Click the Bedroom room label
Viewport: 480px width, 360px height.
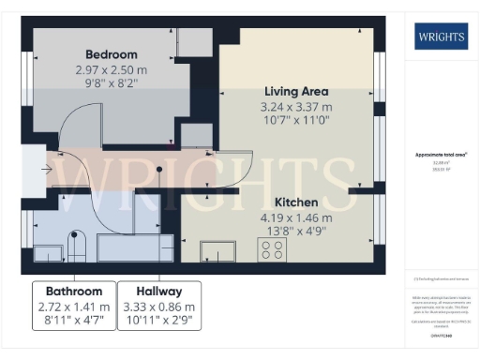(x=112, y=54)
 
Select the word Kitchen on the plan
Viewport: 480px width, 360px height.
(x=295, y=202)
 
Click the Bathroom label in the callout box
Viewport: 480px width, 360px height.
(x=73, y=292)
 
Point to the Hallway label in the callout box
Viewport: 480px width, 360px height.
(x=157, y=292)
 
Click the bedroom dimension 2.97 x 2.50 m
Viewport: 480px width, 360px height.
(x=112, y=69)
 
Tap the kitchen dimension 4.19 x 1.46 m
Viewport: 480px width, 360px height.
(x=295, y=217)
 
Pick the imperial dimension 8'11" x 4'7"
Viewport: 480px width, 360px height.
(x=73, y=322)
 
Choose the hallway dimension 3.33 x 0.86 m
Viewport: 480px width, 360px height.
(x=157, y=307)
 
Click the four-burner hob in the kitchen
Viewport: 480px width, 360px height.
(x=274, y=249)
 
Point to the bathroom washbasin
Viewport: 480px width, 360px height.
(x=48, y=252)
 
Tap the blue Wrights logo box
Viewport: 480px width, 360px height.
(x=441, y=38)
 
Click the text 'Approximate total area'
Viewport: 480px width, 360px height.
(x=441, y=154)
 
